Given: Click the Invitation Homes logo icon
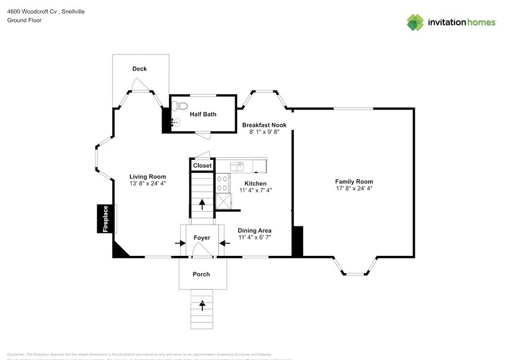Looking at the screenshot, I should [415, 22].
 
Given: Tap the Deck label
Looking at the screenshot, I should [140, 69].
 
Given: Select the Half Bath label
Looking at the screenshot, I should [203, 114].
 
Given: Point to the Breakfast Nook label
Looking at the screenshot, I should [263, 125].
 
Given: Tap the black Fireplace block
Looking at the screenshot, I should [105, 219].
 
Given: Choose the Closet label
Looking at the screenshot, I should [202, 165].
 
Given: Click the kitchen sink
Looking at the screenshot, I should [237, 165].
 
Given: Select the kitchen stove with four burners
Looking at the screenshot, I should [223, 184].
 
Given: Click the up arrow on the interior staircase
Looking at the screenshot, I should [202, 204].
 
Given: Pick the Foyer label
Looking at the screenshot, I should [202, 238].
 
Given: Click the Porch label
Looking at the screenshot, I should [202, 274].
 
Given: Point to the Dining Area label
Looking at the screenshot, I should [255, 230].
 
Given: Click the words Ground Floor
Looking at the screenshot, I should [24, 20].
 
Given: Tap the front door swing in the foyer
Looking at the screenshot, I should [197, 249].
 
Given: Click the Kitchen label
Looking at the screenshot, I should [255, 183].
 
